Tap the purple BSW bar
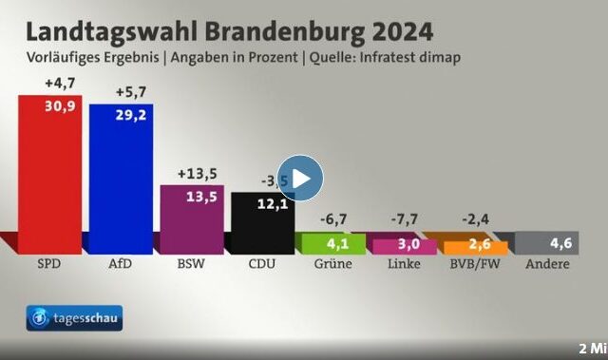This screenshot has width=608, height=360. pos(191,218)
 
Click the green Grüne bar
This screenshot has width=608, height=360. pos(332,243)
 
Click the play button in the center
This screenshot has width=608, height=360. pos(300,178)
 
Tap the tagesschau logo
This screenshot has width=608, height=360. pos(74,320)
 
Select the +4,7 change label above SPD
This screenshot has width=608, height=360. pos(59,84)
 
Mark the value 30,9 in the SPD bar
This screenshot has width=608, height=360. pos(60,104)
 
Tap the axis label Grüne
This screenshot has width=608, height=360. pos(332,263)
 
